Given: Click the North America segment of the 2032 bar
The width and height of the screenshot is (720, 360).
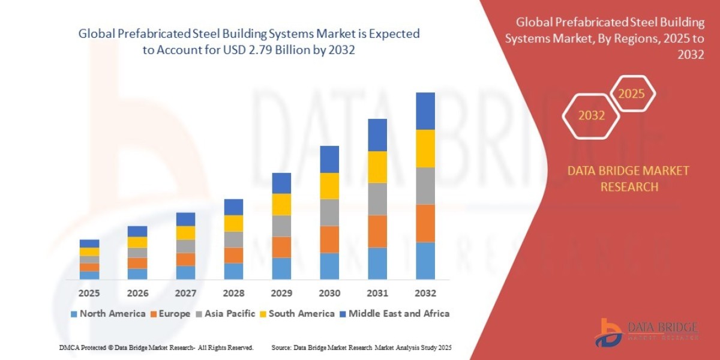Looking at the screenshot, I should [425, 260].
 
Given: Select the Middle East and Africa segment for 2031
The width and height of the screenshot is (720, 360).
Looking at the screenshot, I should [377, 134].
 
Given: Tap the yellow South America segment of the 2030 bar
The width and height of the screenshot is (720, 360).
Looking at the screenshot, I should [329, 185].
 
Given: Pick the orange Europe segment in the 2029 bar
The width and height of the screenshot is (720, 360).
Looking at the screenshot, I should [281, 247].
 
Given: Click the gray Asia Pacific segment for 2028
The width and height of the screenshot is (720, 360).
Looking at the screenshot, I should [233, 239].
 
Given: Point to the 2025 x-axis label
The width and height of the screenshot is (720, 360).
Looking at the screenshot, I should [89, 293].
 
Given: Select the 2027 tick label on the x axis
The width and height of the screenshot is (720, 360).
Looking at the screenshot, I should [185, 293].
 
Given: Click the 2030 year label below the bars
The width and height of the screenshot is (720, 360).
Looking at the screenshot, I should [329, 293].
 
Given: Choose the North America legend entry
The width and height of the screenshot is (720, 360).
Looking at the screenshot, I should [108, 313].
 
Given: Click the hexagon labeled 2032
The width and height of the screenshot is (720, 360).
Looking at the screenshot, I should [591, 115].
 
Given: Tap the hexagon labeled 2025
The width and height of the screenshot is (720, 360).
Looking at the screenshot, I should [631, 94].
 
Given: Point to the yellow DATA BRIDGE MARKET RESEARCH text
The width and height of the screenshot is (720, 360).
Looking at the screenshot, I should [628, 179].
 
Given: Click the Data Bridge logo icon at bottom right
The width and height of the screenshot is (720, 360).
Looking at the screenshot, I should [608, 331].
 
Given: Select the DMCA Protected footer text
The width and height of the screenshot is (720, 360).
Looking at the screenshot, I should [156, 347].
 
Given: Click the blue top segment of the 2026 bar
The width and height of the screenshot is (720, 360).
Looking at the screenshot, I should [137, 231].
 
